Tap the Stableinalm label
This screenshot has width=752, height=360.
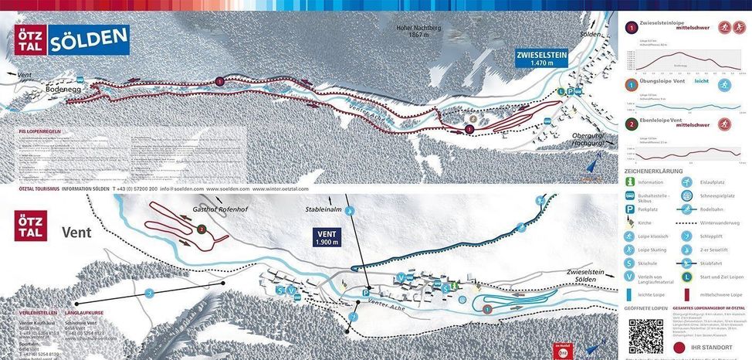click(x=324, y=209)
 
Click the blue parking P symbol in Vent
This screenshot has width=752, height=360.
click(x=366, y=292)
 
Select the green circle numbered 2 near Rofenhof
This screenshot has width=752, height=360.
click(x=201, y=229)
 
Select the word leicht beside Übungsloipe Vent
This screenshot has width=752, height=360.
click(x=701, y=80)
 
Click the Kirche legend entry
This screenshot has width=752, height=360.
click(x=645, y=222)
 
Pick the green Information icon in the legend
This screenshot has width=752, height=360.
click(x=630, y=182)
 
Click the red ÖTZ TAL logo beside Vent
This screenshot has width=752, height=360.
click(x=30, y=226)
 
